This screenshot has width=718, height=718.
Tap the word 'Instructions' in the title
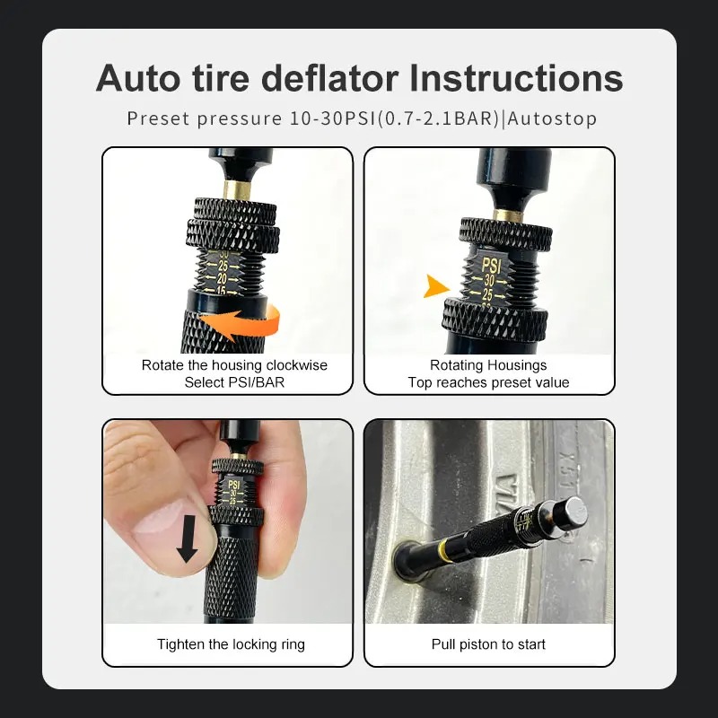click(516, 78)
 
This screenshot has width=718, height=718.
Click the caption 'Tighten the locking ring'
click(231, 644)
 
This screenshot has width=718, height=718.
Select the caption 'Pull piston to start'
click(488, 644)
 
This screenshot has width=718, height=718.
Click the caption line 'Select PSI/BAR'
click(234, 382)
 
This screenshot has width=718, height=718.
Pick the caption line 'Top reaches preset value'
click(488, 382)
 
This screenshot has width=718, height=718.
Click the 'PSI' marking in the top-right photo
click(491, 266)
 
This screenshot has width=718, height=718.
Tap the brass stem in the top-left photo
click(236, 188)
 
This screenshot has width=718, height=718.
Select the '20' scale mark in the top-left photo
click(219, 278)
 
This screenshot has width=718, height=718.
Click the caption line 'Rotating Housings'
click(488, 365)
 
